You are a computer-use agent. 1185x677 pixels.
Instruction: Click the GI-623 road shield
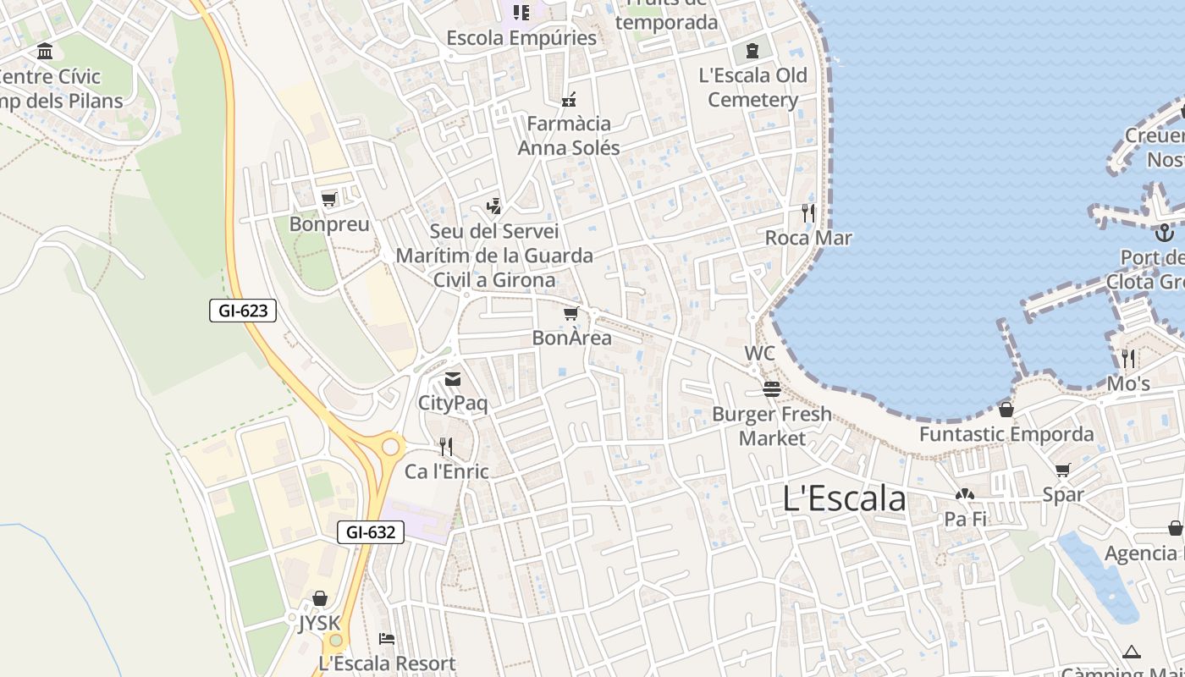coord(243,311)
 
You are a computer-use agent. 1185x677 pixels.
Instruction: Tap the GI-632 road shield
coord(371,532)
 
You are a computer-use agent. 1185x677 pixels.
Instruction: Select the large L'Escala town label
coord(844,498)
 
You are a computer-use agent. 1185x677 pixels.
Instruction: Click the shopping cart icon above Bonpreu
coord(329,200)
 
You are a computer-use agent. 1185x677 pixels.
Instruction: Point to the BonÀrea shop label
coord(571,338)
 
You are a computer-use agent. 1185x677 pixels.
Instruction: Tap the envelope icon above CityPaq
coord(453,379)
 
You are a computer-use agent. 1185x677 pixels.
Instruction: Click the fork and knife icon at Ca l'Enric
coord(446,447)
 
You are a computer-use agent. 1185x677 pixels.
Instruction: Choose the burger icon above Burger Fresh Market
coord(771,389)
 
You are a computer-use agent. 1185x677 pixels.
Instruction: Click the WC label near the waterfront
coord(759,353)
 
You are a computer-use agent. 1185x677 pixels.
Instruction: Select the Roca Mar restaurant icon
coord(808,213)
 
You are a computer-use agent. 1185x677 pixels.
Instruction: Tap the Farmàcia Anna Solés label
coord(569,135)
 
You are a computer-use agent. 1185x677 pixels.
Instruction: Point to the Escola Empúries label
coord(521,38)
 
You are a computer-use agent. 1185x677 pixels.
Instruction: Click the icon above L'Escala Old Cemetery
coord(752,51)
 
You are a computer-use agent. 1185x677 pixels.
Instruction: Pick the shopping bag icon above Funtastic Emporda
coord(1006,410)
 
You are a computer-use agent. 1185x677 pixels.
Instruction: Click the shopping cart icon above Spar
coord(1062,471)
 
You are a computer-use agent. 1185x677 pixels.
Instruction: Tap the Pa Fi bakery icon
coord(965,495)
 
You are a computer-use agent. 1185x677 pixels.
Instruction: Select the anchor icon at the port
coord(1165,231)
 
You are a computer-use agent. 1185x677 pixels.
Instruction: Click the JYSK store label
coord(319,624)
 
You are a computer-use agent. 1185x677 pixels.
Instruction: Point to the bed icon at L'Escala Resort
coord(387,639)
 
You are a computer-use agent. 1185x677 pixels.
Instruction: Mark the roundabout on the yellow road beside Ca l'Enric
coord(391,446)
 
